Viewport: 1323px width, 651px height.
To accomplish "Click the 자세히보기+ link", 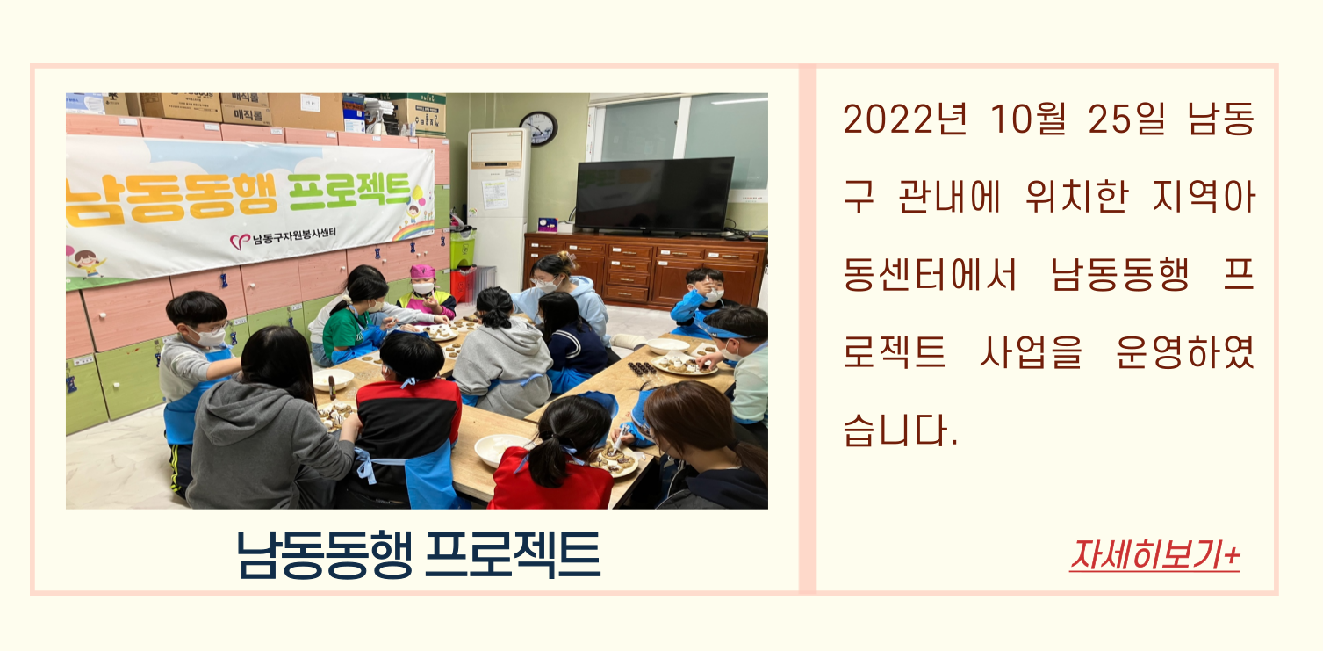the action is pyautogui.click(x=1154, y=556).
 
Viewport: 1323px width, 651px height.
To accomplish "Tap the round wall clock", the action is pyautogui.click(x=539, y=128).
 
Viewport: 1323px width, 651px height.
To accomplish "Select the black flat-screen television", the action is pyautogui.click(x=654, y=195).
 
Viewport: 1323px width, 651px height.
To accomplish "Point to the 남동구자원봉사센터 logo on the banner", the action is pyautogui.click(x=283, y=238).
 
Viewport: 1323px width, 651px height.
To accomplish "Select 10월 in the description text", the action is pyautogui.click(x=1028, y=119).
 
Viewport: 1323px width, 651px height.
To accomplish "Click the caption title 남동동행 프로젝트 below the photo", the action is pyautogui.click(x=418, y=554).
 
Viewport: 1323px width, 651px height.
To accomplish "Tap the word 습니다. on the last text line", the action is pyautogui.click(x=900, y=430).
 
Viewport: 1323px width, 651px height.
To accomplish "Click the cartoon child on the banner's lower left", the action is pyautogui.click(x=87, y=263).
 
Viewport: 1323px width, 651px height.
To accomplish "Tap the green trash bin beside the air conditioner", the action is pyautogui.click(x=463, y=248).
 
